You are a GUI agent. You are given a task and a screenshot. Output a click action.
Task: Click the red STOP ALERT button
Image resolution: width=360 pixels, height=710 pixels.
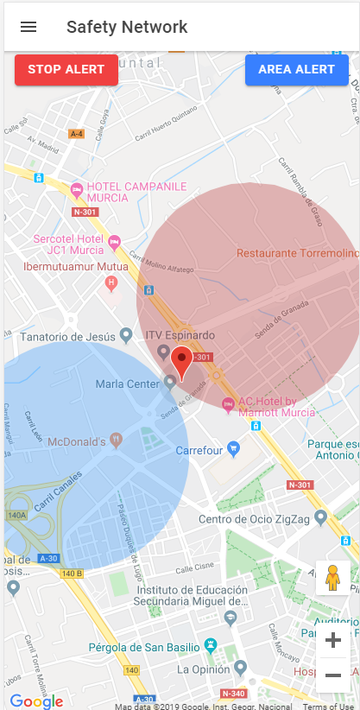pyautogui.click(x=66, y=70)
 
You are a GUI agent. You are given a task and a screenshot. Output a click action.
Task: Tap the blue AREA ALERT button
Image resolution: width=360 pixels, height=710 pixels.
pyautogui.click(x=296, y=70)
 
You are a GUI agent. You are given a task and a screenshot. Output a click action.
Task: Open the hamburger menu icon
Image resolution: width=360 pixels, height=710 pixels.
pyautogui.click(x=28, y=27)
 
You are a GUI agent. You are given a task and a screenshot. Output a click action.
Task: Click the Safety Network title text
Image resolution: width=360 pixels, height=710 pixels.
pyautogui.click(x=127, y=27)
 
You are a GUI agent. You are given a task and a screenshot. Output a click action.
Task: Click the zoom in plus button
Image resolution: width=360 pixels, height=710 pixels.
pyautogui.click(x=332, y=640)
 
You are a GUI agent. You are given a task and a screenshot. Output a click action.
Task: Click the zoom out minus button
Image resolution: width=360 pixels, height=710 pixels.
pyautogui.click(x=332, y=675)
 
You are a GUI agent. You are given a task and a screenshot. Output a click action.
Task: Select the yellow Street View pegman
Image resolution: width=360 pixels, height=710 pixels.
pyautogui.click(x=332, y=577)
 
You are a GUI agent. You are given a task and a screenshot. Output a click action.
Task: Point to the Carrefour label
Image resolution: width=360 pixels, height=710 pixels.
pyautogui.click(x=199, y=450)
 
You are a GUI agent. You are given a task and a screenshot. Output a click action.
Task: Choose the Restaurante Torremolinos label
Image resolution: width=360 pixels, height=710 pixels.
pyautogui.click(x=297, y=253)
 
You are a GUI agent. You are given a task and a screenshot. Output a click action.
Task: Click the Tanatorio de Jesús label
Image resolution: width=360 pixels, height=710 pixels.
pyautogui.click(x=67, y=335)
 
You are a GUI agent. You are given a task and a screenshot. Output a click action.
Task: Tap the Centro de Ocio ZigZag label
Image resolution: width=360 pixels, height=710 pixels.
pyautogui.click(x=256, y=518)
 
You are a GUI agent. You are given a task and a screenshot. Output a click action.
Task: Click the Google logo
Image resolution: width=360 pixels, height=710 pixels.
pyautogui.click(x=36, y=700)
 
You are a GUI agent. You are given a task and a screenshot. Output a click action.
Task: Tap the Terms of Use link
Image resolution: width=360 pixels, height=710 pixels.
pyautogui.click(x=327, y=706)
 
